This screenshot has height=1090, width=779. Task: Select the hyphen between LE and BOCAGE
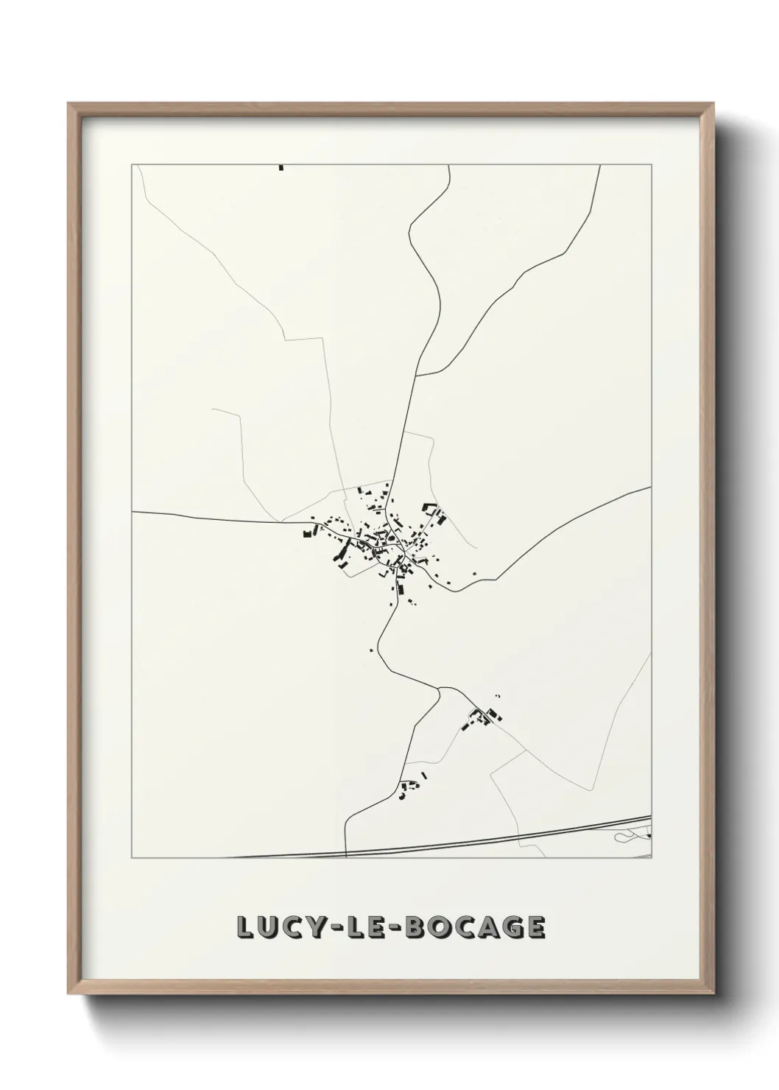tap(401, 927)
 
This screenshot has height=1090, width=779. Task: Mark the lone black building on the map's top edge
tap(281, 168)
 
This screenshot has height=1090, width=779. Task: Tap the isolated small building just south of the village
tap(372, 650)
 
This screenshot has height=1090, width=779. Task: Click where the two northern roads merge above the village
tap(416, 375)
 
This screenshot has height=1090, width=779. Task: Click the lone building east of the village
tap(474, 574)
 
